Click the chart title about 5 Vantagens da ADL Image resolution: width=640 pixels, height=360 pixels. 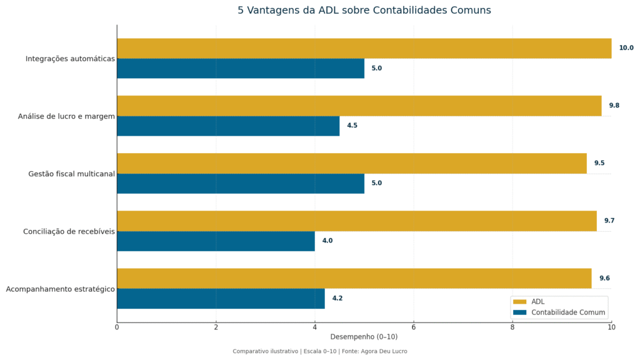click(x=364, y=11)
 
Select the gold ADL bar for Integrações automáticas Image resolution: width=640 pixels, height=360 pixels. click(x=364, y=48)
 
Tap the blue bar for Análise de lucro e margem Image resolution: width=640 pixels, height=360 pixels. click(x=228, y=126)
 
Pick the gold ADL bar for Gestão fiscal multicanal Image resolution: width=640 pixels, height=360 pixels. click(x=351, y=163)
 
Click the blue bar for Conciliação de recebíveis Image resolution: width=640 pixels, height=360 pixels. click(x=216, y=241)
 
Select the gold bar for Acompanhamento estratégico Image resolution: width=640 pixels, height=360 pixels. click(x=354, y=278)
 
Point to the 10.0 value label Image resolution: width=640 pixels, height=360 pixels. click(x=626, y=48)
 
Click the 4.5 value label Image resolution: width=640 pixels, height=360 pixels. click(x=352, y=126)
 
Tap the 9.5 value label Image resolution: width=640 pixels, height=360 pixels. click(x=599, y=163)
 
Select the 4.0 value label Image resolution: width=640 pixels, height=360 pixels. click(x=327, y=241)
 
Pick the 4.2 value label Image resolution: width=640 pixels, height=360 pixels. click(x=337, y=298)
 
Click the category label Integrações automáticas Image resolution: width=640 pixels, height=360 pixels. click(x=70, y=59)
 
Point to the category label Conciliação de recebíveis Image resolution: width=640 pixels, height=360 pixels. click(x=69, y=231)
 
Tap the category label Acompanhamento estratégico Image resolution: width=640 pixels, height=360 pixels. click(x=60, y=289)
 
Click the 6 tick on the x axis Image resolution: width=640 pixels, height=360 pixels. click(x=413, y=327)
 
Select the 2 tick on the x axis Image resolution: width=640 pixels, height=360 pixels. click(x=216, y=327)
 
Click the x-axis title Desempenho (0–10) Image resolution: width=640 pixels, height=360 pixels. click(x=364, y=337)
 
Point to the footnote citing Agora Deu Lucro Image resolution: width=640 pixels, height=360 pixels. click(x=320, y=351)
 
